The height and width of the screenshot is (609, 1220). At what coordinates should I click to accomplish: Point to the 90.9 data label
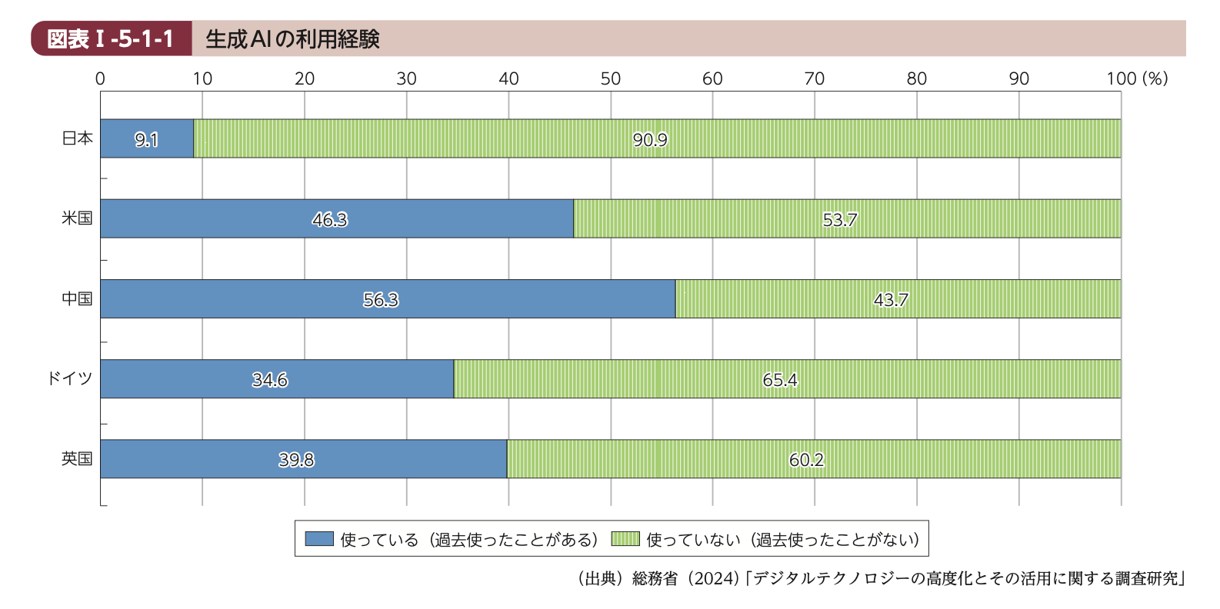[x=650, y=139]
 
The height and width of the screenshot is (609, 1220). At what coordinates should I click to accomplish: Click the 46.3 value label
[x=330, y=220]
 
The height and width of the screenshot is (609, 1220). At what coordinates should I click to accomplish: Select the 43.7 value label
[x=891, y=300]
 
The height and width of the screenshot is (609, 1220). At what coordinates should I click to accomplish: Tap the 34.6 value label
[x=270, y=380]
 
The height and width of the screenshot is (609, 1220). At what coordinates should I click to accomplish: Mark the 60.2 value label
[x=806, y=460]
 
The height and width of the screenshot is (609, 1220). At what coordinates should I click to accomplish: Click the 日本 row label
[x=77, y=138]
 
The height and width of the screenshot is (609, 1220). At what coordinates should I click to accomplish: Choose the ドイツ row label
[x=69, y=378]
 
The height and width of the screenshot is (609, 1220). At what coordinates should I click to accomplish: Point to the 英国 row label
[x=77, y=458]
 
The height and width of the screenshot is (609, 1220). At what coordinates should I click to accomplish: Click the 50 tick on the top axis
[x=611, y=78]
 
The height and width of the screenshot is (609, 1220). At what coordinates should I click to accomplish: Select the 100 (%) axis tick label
[x=1137, y=78]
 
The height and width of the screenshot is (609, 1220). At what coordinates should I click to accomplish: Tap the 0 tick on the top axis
[x=100, y=78]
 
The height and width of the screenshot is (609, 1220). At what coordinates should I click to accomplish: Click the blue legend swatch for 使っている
[x=319, y=539]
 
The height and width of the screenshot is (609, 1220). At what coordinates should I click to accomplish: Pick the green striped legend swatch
[x=625, y=539]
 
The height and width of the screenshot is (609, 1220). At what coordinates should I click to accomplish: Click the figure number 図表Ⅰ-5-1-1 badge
[x=111, y=38]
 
